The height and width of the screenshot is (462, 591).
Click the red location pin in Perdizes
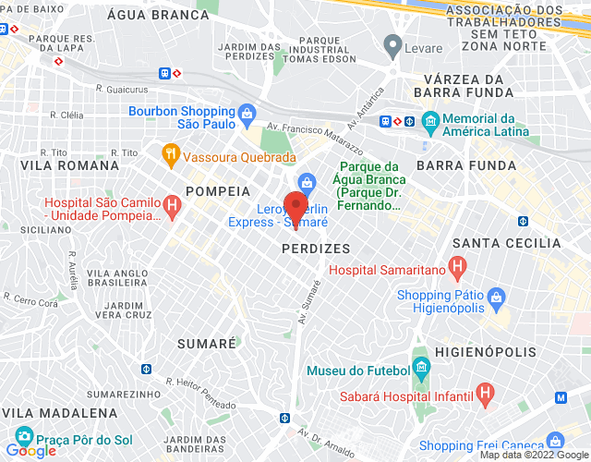295,205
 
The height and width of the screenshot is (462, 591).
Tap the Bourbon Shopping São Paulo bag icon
247,115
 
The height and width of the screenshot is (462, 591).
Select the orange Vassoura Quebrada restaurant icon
170,154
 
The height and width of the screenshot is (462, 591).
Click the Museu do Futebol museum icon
421,370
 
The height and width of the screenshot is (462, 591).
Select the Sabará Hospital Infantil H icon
485,394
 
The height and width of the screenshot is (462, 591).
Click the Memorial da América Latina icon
429,121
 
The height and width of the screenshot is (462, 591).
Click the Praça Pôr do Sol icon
23,434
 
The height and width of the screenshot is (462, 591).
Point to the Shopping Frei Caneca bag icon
554,441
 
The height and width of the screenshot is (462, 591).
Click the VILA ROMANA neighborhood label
70,165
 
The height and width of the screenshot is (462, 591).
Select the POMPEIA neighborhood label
218,190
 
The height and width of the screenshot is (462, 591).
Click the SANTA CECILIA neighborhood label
507,243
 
